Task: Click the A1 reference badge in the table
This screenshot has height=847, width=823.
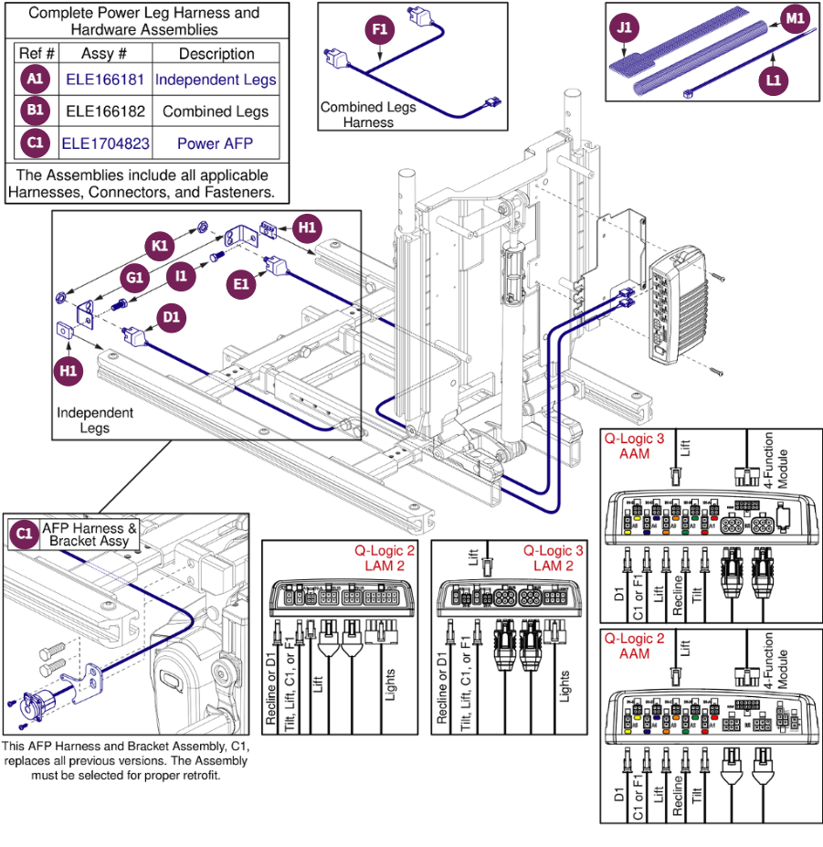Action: pyautogui.click(x=35, y=79)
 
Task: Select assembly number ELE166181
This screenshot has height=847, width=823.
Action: pyautogui.click(x=105, y=79)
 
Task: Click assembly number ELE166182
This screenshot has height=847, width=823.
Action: pyautogui.click(x=105, y=111)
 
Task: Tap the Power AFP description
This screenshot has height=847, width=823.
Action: pyautogui.click(x=216, y=143)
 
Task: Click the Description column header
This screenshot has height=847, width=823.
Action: pyautogui.click(x=216, y=54)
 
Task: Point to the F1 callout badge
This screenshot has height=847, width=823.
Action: pyautogui.click(x=381, y=29)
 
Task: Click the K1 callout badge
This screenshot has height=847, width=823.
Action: pyautogui.click(x=160, y=245)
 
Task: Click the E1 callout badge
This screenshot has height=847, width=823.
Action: pyautogui.click(x=241, y=284)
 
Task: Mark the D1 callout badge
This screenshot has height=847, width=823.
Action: pyautogui.click(x=170, y=317)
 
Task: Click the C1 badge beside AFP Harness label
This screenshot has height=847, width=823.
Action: pyautogui.click(x=24, y=534)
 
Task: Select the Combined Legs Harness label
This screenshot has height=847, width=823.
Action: pyautogui.click(x=368, y=114)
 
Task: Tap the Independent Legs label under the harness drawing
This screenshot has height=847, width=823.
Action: pyautogui.click(x=95, y=420)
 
